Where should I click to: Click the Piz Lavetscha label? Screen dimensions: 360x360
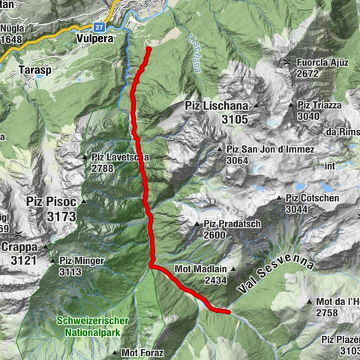tap(120, 157)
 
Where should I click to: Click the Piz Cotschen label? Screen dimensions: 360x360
tap(313, 198)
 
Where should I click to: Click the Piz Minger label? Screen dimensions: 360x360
tap(82, 261)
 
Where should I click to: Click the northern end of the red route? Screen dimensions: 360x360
tap(148, 49)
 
